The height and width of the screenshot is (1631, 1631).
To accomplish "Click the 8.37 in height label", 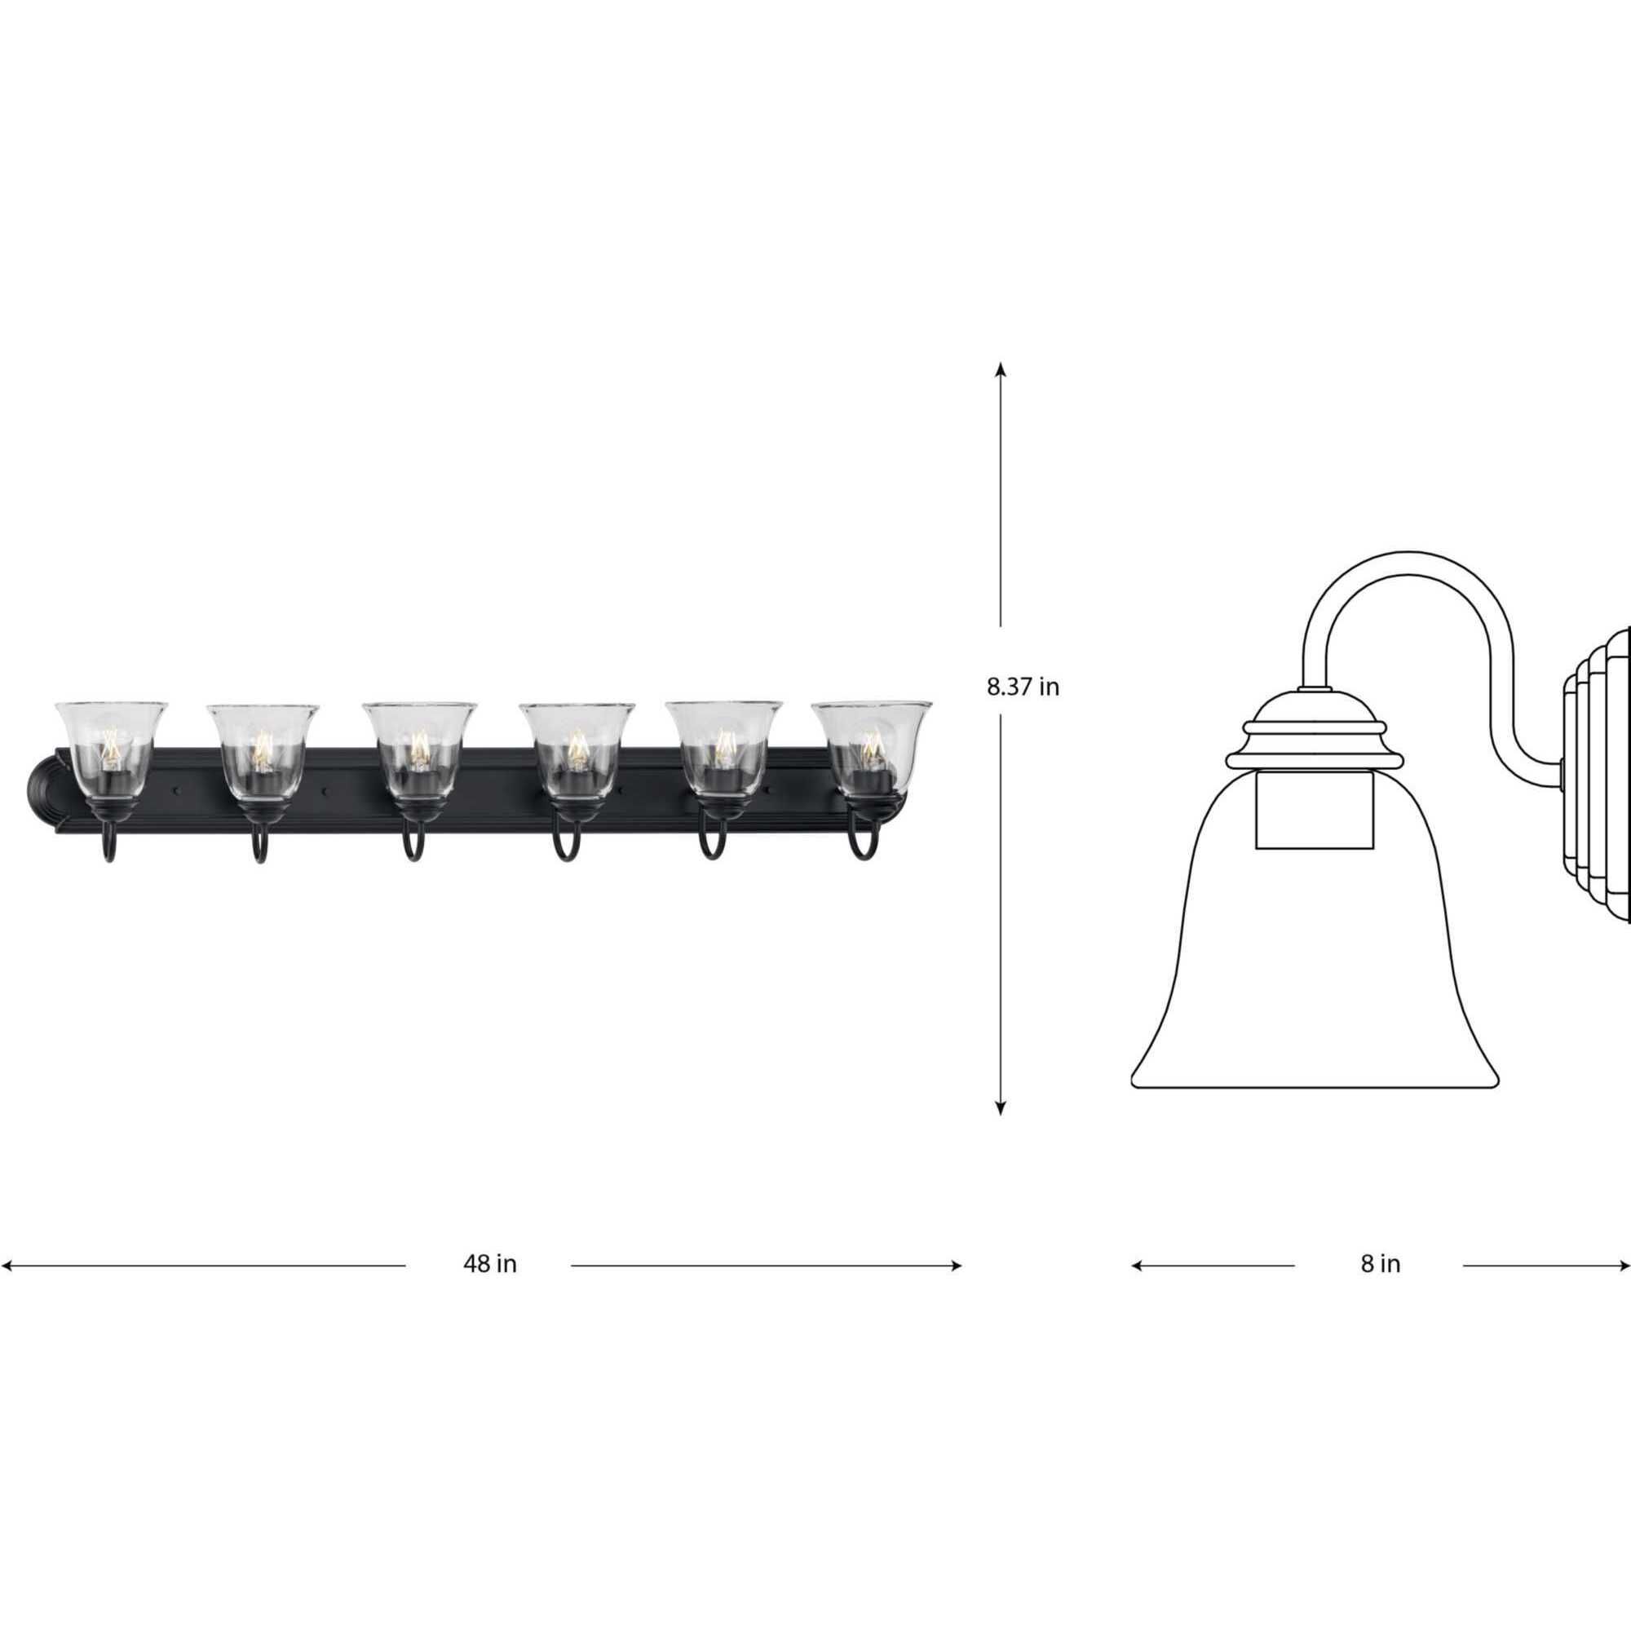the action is point(1023,687).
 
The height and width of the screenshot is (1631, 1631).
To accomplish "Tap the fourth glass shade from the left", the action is point(577,749).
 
